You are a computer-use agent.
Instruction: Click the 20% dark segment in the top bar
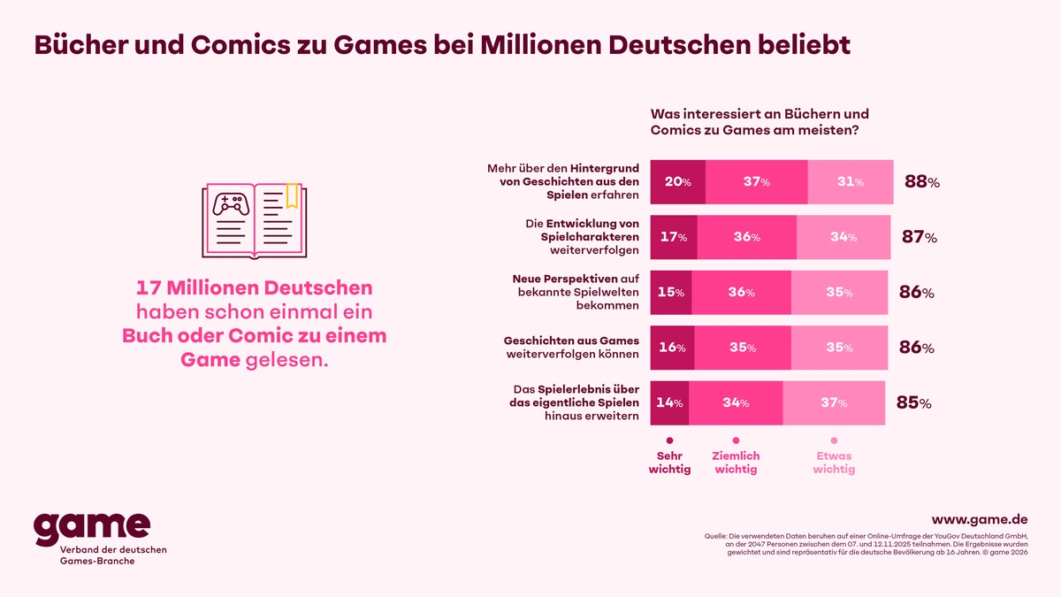[677, 182]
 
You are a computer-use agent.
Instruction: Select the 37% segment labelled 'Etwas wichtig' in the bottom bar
[833, 402]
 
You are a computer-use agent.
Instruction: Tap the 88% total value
[920, 182]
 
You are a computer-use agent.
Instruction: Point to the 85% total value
[912, 403]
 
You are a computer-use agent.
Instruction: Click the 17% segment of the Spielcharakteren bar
[673, 237]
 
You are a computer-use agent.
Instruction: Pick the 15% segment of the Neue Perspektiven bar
[670, 292]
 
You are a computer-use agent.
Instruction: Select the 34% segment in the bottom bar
[735, 402]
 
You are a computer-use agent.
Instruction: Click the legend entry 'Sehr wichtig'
[669, 462]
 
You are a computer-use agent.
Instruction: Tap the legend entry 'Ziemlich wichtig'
[736, 462]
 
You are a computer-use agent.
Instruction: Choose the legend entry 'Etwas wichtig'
[834, 462]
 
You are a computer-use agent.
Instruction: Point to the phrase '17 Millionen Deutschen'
[254, 288]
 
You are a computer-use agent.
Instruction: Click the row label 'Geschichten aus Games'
[570, 340]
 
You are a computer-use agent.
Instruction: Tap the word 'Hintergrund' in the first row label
[604, 168]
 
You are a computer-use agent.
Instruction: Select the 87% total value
[920, 237]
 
